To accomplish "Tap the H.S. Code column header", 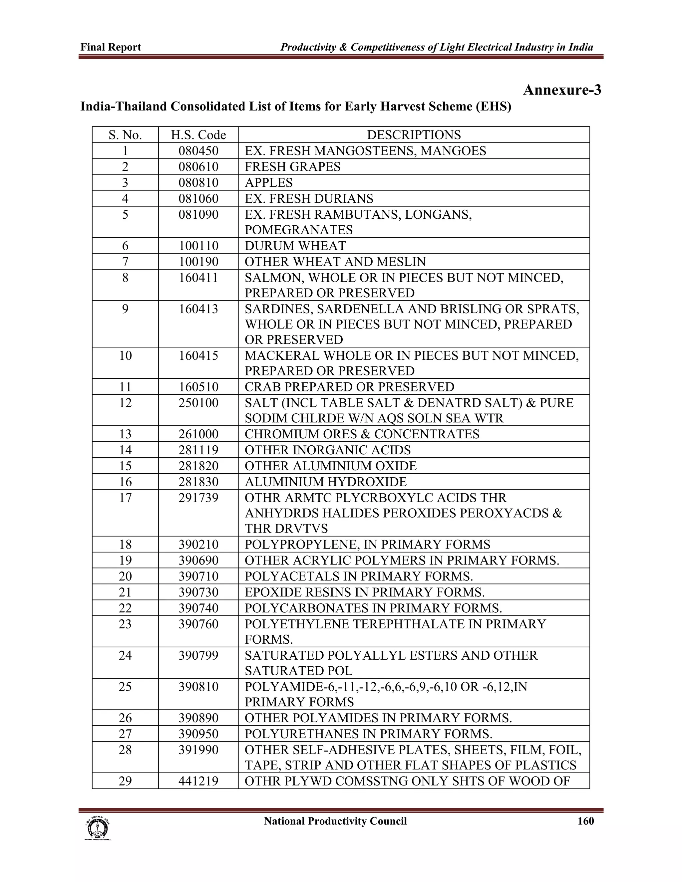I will pyautogui.click(x=198, y=135).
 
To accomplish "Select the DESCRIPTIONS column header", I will pyautogui.click(x=413, y=135).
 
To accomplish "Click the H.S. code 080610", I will pyautogui.click(x=198, y=167).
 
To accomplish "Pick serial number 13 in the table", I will pyautogui.click(x=125, y=434).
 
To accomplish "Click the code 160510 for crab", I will pyautogui.click(x=198, y=387).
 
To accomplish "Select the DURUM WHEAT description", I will pyautogui.click(x=295, y=246).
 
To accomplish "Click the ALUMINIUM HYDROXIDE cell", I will pyautogui.click(x=326, y=482).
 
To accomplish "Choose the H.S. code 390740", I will pyautogui.click(x=198, y=608).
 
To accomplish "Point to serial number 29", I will pyautogui.click(x=125, y=781).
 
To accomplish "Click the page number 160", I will pyautogui.click(x=585, y=821).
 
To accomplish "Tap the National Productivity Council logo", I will pyautogui.click(x=97, y=828).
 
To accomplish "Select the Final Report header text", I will pyautogui.click(x=111, y=47).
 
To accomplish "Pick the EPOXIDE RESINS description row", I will pyautogui.click(x=364, y=592).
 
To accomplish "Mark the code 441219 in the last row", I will pyautogui.click(x=198, y=781).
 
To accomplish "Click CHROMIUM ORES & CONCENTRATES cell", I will pyautogui.click(x=362, y=434).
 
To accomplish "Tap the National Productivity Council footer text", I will pyautogui.click(x=335, y=821).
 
